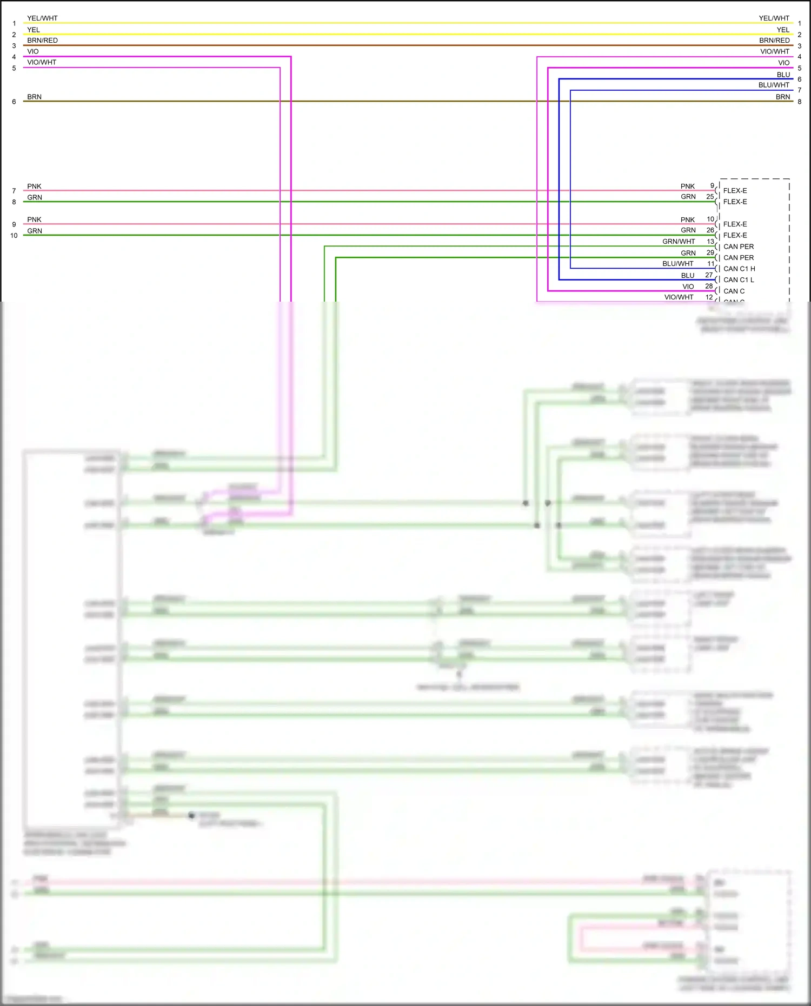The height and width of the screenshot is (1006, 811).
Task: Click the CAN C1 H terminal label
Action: point(739,269)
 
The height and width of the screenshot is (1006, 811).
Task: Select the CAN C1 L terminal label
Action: point(739,280)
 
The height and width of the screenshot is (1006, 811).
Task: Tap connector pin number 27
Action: point(709,275)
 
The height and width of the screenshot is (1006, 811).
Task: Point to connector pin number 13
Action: point(710,242)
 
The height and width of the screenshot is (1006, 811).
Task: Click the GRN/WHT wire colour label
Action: point(679,242)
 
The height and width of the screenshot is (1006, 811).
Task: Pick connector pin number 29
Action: point(710,253)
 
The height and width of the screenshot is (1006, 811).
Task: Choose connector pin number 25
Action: point(710,197)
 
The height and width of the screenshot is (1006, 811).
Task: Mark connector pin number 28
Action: point(709,286)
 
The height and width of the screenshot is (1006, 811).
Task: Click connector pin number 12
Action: point(709,297)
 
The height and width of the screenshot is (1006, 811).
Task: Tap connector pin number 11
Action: point(711,264)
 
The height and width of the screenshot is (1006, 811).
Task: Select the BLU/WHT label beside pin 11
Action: point(677,264)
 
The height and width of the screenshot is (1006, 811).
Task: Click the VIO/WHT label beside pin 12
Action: point(679,297)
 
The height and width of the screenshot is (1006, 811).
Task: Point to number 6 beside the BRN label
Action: point(14,102)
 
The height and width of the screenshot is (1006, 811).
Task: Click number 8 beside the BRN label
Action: point(800,102)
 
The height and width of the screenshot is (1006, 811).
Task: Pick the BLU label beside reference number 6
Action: point(783,75)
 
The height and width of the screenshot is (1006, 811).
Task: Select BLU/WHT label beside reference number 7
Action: point(774,85)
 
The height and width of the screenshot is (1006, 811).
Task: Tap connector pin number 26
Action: point(710,230)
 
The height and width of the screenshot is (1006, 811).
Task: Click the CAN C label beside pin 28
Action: point(734,291)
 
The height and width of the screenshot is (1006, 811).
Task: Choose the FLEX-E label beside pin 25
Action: point(735,202)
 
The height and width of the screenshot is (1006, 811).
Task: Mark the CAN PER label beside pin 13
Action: point(739,246)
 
